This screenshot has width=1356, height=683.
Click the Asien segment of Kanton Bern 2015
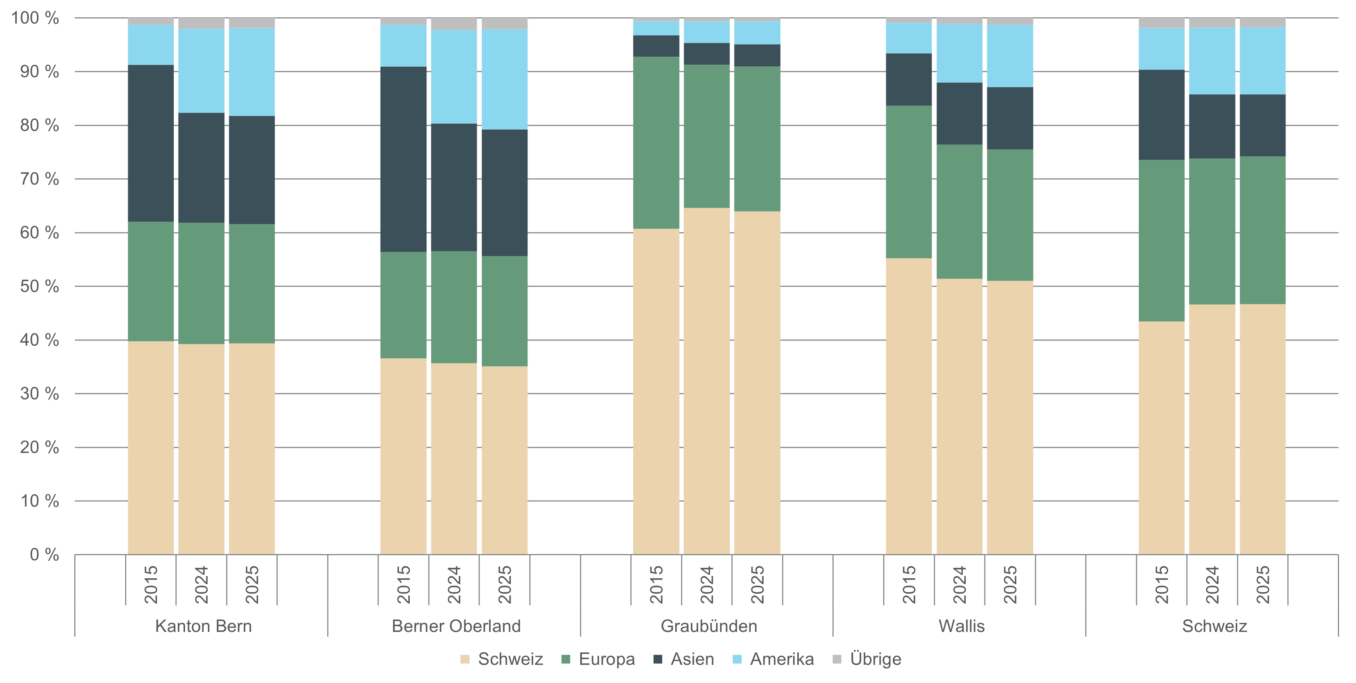(151, 143)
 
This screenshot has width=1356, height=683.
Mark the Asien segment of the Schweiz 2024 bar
(1212, 126)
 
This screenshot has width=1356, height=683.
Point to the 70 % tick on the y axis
(40, 179)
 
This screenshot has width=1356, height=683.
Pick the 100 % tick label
(35, 18)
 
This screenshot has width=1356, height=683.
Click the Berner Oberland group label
(456, 626)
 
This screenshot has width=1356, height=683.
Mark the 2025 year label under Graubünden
(757, 585)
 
